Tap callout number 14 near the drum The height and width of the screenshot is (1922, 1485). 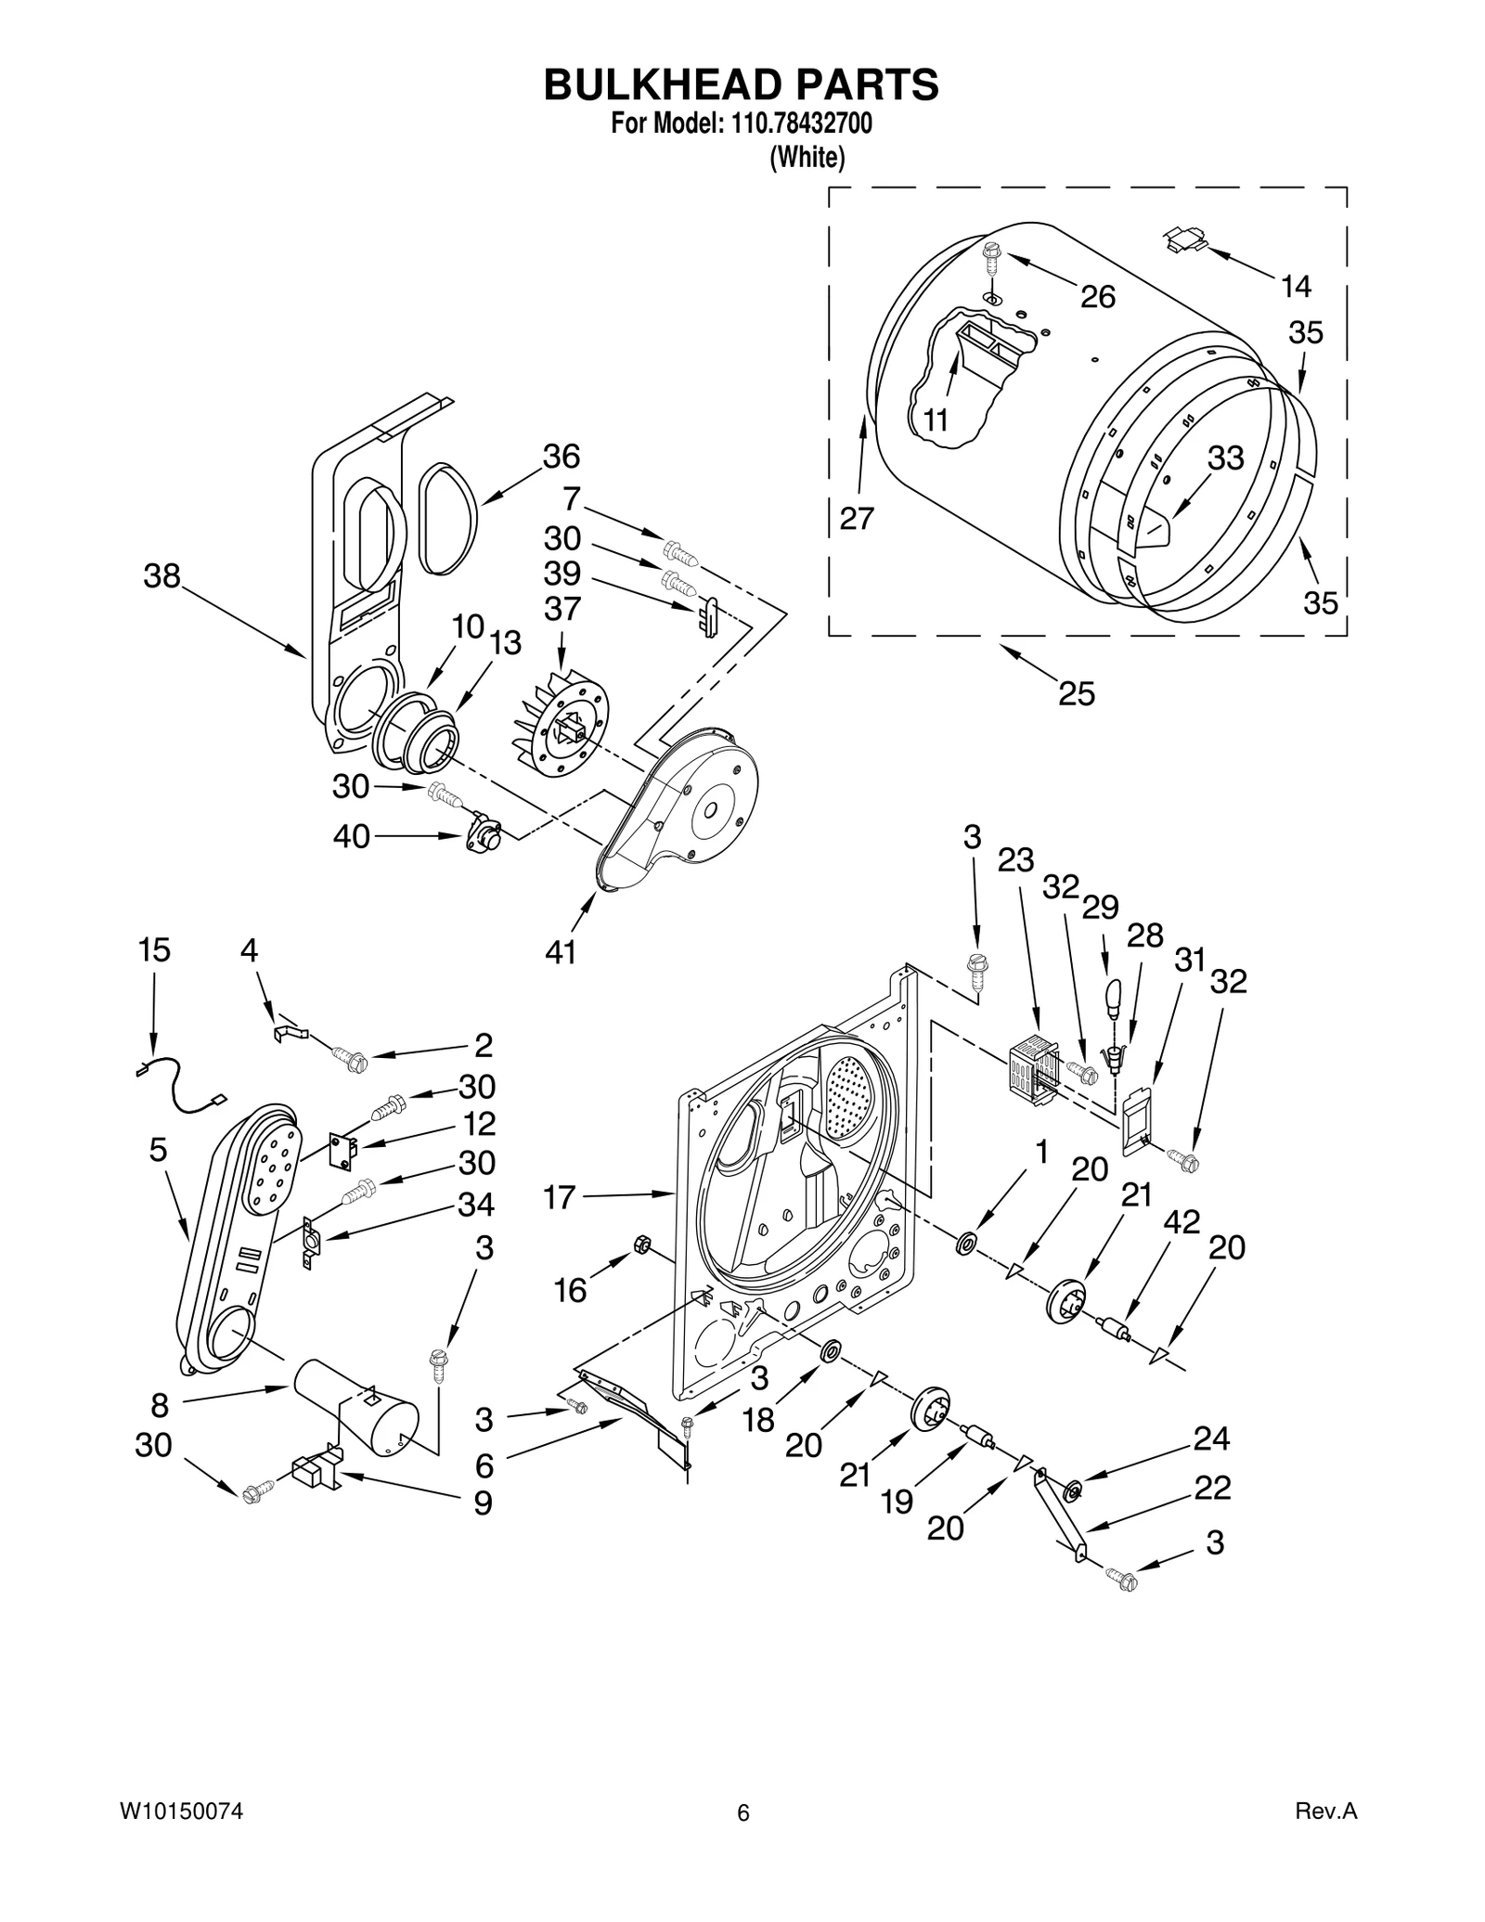click(x=1296, y=287)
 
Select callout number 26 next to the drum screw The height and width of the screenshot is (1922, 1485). click(x=1098, y=297)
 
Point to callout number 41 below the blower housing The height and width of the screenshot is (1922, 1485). click(x=561, y=952)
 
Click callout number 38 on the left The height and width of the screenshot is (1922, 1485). click(x=161, y=576)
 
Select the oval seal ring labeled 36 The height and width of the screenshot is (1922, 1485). click(x=448, y=520)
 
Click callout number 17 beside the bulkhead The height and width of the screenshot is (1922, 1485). click(x=561, y=1197)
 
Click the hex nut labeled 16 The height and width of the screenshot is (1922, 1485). click(x=639, y=1244)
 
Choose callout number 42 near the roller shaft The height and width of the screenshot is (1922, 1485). click(x=1182, y=1222)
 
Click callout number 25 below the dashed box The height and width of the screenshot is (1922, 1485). click(x=1077, y=693)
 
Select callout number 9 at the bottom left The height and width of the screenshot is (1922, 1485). click(x=483, y=1503)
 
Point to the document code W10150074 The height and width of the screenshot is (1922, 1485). click(x=181, y=1811)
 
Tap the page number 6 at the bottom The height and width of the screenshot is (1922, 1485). click(x=742, y=1813)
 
